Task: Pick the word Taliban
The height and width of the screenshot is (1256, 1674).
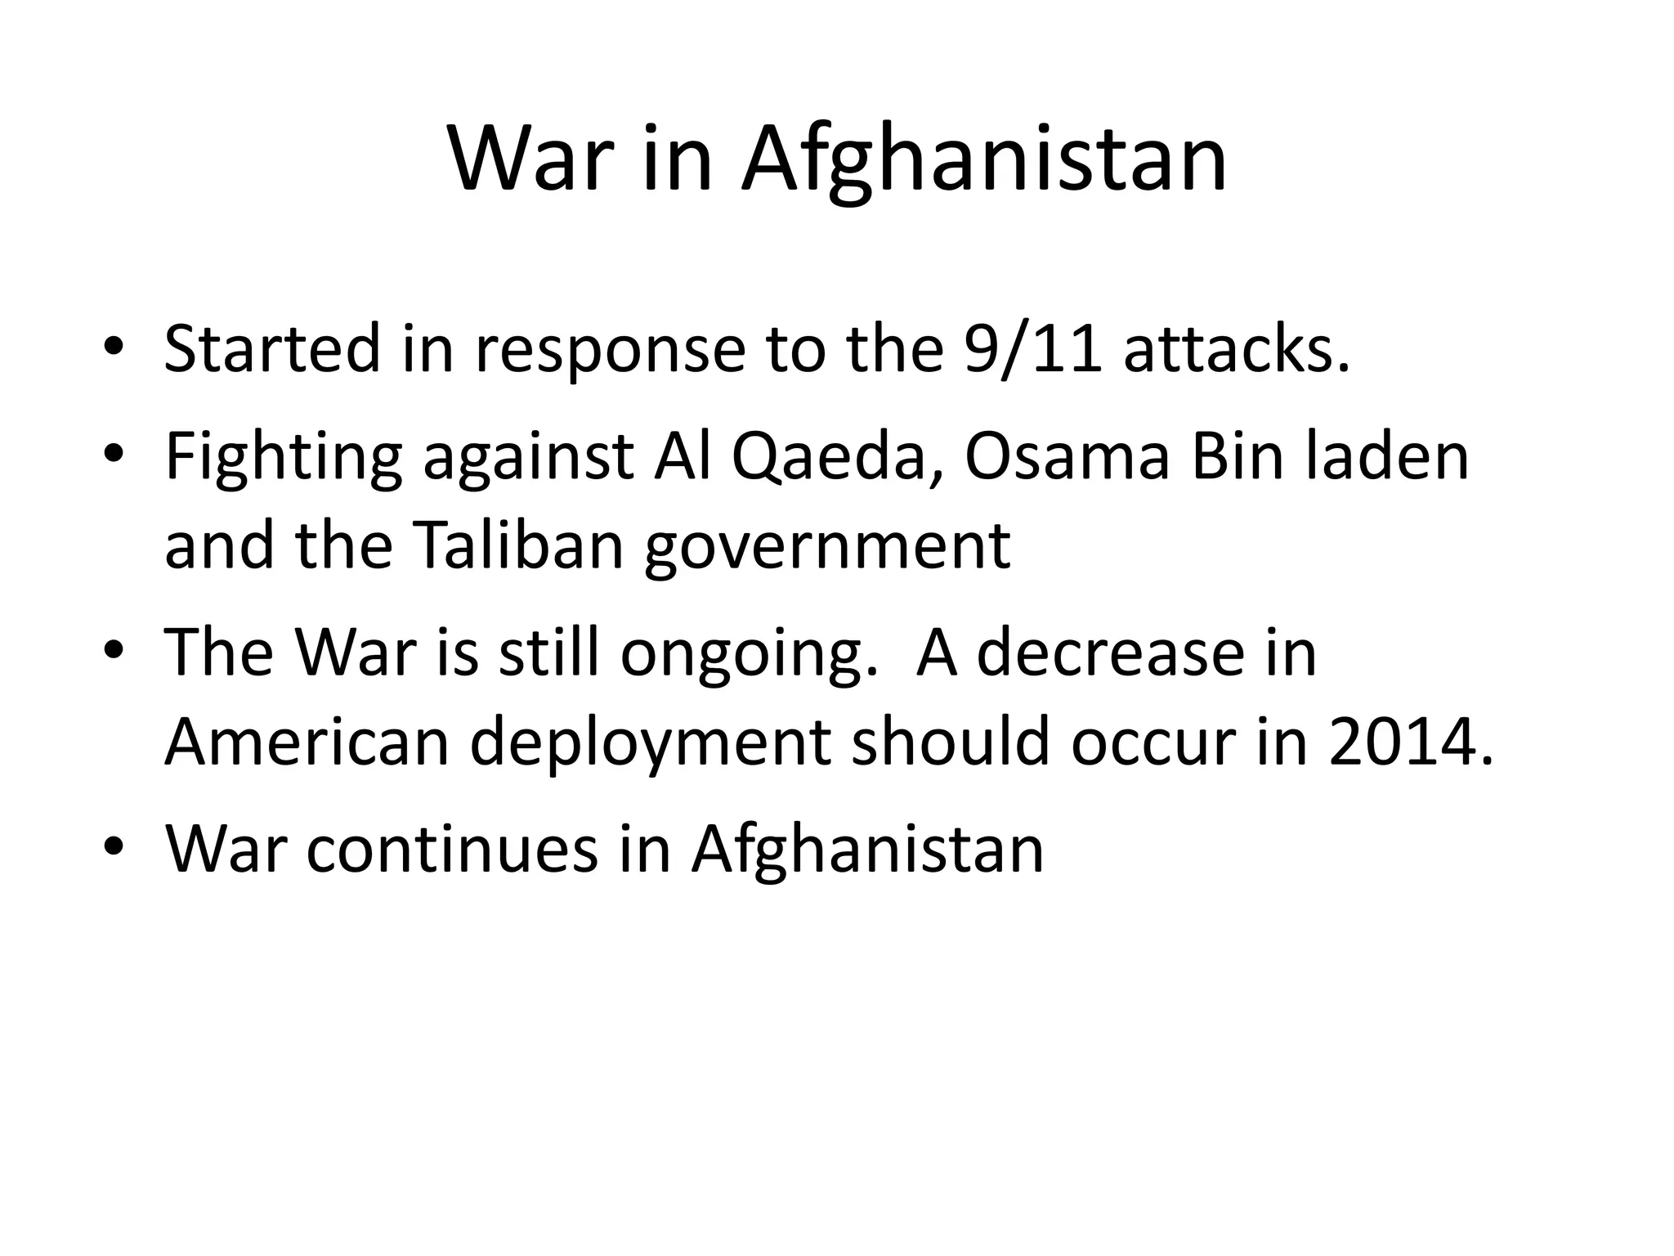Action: point(519,545)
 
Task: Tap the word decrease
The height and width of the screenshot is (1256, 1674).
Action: point(1110,653)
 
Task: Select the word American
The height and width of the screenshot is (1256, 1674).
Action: point(307,742)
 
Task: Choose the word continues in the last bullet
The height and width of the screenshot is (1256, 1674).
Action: point(452,850)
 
